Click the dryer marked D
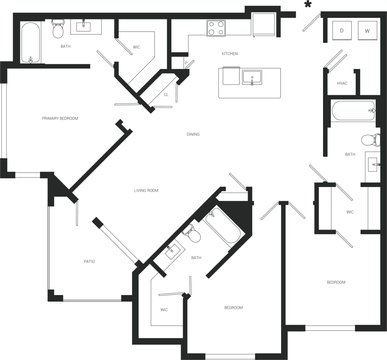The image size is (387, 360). [342, 31]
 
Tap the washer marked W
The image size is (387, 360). [367, 31]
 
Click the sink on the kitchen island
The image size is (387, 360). [252, 77]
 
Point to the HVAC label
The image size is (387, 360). [342, 83]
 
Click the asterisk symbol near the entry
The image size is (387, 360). [308, 5]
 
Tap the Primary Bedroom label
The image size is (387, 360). [60, 118]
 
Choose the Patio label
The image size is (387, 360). [89, 262]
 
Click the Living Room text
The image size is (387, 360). [146, 190]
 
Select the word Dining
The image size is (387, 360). [193, 134]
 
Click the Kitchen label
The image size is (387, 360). [230, 54]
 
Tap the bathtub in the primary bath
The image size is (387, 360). [31, 42]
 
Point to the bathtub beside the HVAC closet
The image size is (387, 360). [353, 111]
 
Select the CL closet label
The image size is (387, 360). [166, 95]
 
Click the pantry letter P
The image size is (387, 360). [186, 63]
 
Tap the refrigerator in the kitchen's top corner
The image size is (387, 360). [263, 24]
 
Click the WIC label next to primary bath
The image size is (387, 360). [136, 47]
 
